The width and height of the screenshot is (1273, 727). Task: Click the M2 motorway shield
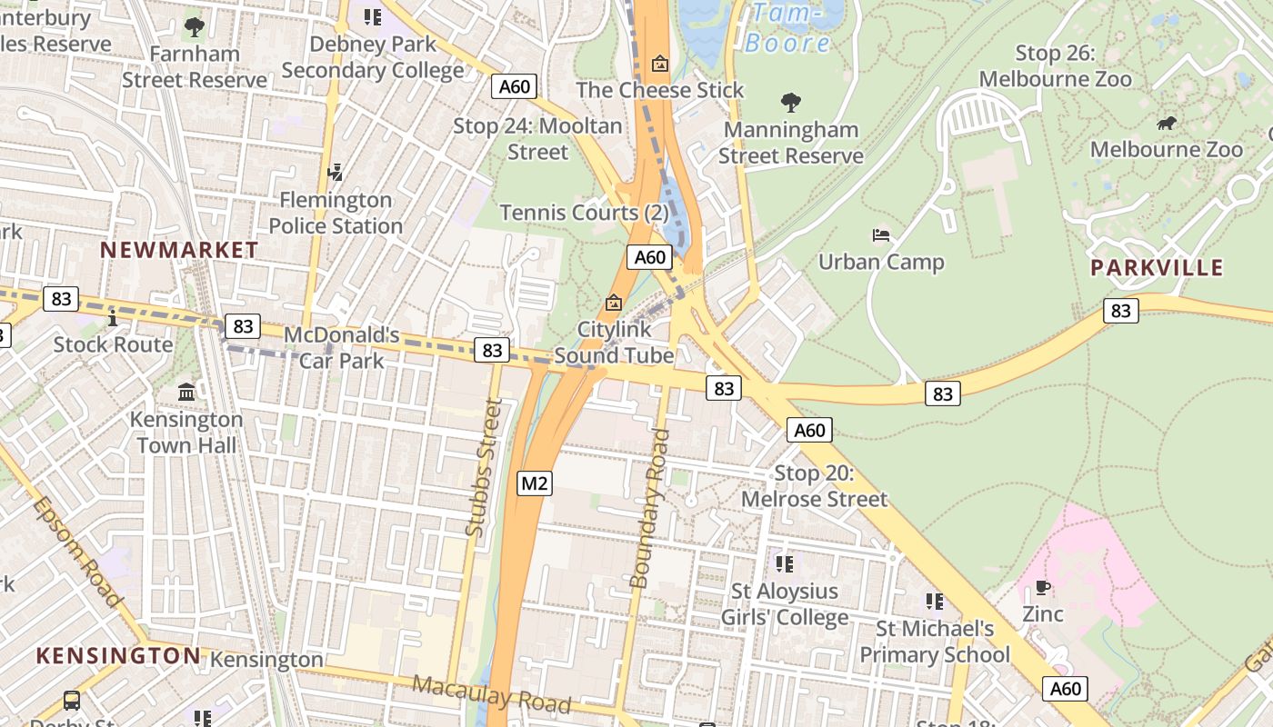[x=534, y=483]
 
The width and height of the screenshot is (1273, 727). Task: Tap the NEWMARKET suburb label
[x=179, y=250]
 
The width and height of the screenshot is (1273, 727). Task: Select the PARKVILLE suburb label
[x=1157, y=267]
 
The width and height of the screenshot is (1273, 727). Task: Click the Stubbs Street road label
[x=483, y=467]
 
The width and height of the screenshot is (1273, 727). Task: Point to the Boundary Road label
[x=650, y=508]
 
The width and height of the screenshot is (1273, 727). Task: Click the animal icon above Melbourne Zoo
[x=1167, y=123]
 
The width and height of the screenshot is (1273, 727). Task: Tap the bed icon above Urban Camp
[x=881, y=235]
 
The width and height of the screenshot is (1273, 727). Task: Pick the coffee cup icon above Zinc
[x=1043, y=588]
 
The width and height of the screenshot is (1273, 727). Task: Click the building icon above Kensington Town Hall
[x=186, y=392]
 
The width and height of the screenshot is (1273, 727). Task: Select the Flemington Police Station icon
[x=336, y=172]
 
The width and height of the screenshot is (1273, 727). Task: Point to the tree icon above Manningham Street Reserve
[x=791, y=103]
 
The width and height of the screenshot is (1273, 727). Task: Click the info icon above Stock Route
[x=113, y=318]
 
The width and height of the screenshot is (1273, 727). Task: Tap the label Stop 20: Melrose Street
[x=814, y=486]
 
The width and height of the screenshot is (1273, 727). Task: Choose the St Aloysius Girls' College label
[x=785, y=604]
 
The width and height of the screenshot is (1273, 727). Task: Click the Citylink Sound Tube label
[x=614, y=343]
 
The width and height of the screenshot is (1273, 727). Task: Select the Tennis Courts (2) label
[x=584, y=213]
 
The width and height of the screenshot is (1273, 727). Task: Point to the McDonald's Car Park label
[x=341, y=347]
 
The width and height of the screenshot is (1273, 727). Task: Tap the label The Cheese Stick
[x=660, y=90]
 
